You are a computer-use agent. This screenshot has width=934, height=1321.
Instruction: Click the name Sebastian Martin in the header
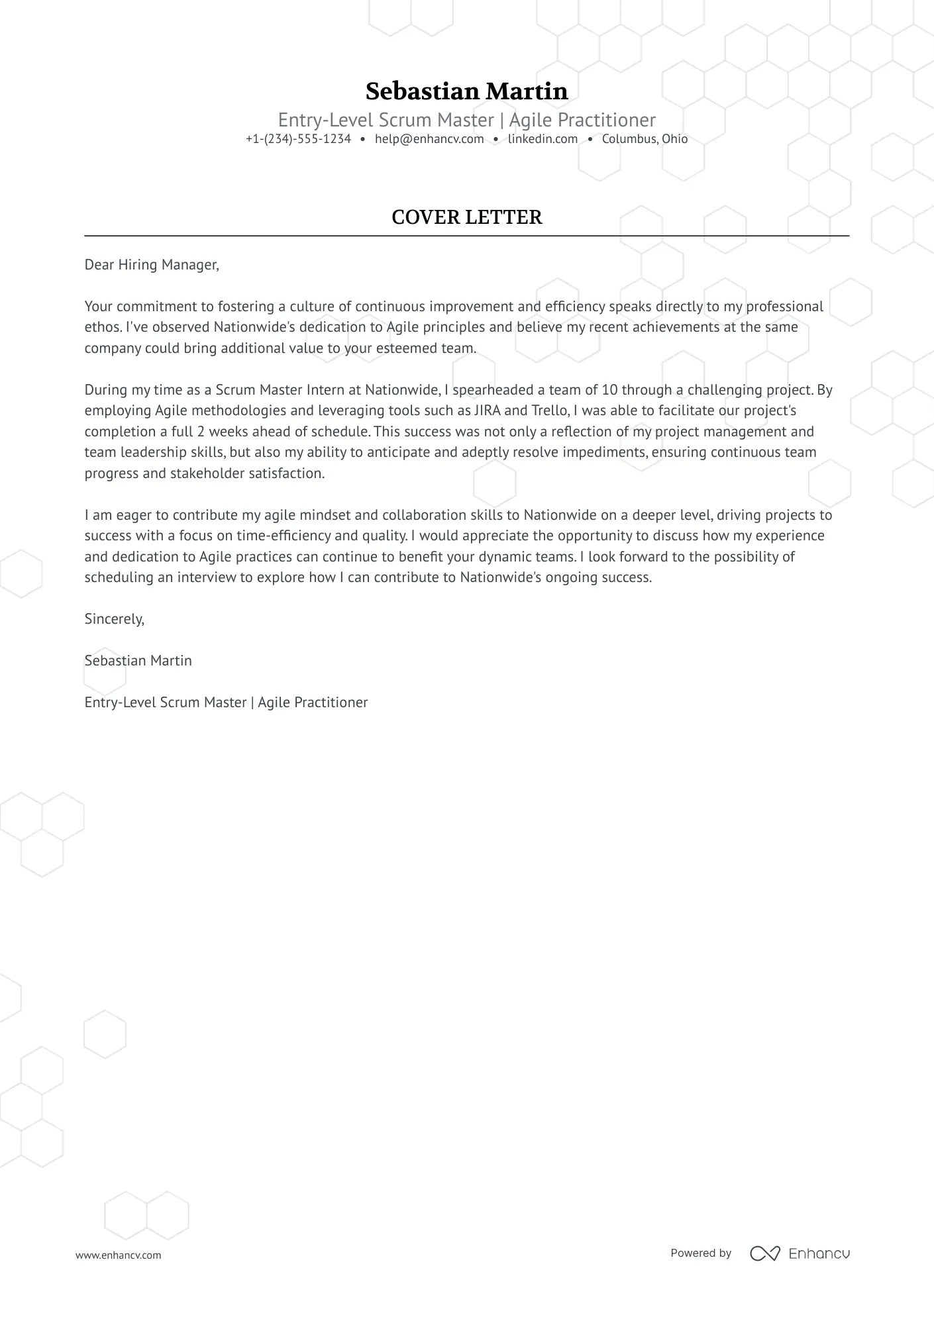[x=466, y=91]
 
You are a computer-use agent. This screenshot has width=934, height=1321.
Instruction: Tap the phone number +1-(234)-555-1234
[x=298, y=139]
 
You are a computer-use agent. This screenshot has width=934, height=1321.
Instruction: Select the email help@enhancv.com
[x=429, y=139]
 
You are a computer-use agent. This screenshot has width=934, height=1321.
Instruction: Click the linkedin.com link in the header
[x=543, y=139]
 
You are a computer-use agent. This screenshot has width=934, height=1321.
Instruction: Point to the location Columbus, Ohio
[x=645, y=139]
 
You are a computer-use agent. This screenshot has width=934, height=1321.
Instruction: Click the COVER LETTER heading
[x=466, y=217]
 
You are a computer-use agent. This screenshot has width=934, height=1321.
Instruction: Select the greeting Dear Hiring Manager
[x=151, y=265]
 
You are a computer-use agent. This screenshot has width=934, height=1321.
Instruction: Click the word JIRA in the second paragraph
[x=487, y=411]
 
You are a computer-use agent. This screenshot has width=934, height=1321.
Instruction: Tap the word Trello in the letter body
[x=550, y=411]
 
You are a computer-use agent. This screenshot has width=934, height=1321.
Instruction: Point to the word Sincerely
[x=114, y=619]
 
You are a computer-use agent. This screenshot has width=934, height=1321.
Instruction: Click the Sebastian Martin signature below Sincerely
[x=138, y=661]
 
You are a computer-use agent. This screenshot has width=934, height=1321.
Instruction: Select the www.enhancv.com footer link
[x=118, y=1255]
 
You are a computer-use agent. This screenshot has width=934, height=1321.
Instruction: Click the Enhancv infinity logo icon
[x=764, y=1253]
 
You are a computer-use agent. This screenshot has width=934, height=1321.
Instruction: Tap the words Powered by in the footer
[x=701, y=1253]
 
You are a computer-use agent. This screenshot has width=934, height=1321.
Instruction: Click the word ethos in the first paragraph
[x=102, y=327]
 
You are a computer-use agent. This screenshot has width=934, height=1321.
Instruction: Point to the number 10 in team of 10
[x=609, y=390]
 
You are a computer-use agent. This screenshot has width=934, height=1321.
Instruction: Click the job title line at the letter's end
[x=226, y=703]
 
